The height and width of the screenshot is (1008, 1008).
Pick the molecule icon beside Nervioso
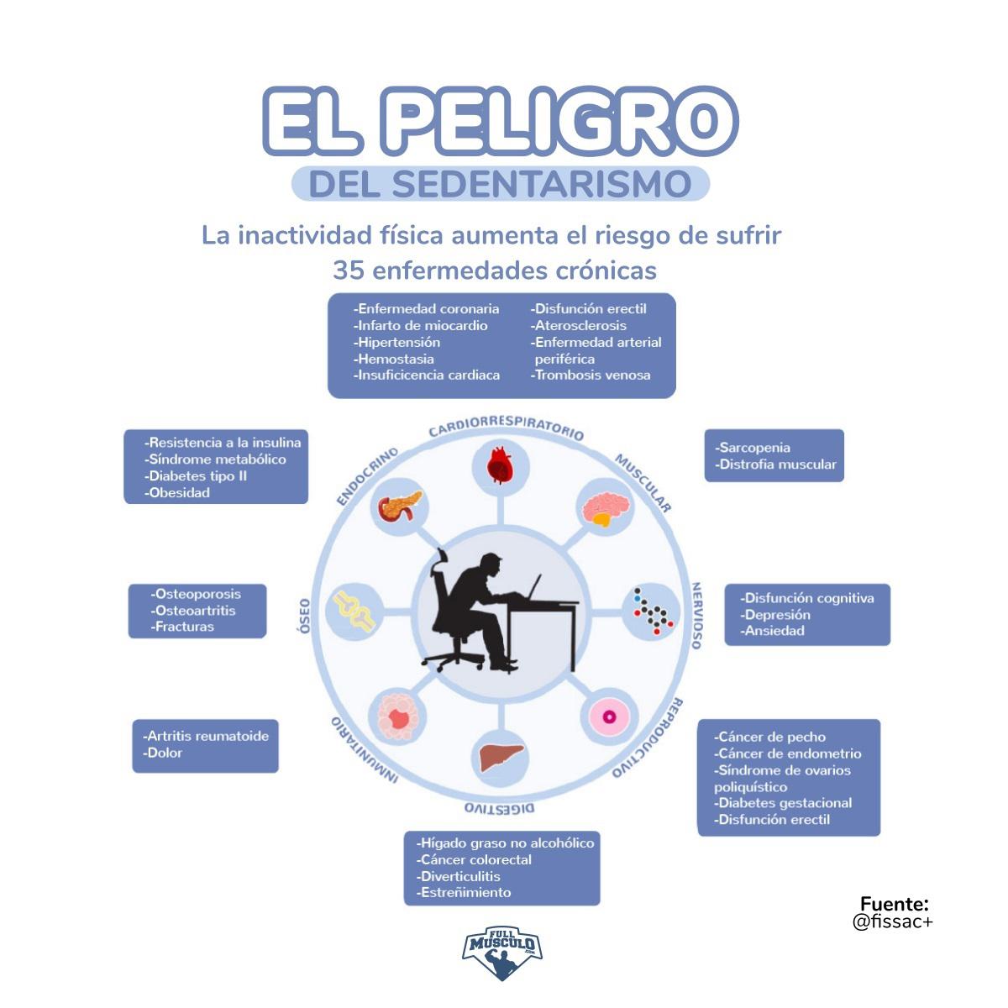pos(653,612)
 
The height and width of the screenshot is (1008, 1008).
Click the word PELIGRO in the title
pos(562,121)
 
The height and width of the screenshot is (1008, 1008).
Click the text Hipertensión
pos(396,343)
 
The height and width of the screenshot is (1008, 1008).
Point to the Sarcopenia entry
pos(753,448)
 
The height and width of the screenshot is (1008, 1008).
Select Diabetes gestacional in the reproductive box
pos(784,803)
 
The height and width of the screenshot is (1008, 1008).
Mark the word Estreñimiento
pos(464,893)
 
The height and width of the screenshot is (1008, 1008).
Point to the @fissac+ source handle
pos(892,922)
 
